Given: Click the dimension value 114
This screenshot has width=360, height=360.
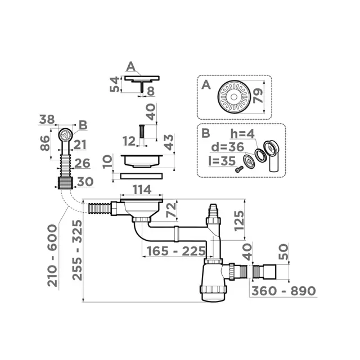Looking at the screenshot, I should pos(141,190).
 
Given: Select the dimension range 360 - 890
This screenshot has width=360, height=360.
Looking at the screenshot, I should pos(282,291).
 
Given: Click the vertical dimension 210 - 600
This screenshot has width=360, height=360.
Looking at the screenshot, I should pos(52,255).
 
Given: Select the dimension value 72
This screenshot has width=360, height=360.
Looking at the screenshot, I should pos(170,213).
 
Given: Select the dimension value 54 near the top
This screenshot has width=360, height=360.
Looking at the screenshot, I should pos(114,85).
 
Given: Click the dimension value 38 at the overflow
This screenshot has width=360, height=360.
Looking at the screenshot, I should pos(48,120).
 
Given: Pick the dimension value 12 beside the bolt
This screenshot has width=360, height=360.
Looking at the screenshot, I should pos(129,139).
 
